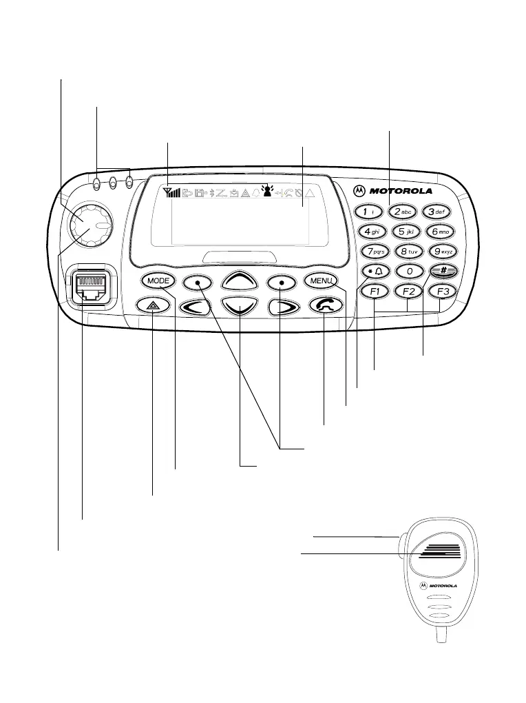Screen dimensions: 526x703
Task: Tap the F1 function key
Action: [x=375, y=292]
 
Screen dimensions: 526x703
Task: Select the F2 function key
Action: [x=408, y=292]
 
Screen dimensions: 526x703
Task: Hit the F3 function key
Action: [x=442, y=292]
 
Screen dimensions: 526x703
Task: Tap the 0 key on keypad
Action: [x=409, y=272]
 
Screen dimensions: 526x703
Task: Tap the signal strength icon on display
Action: [x=172, y=192]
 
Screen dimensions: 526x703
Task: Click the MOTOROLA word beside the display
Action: [x=402, y=191]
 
